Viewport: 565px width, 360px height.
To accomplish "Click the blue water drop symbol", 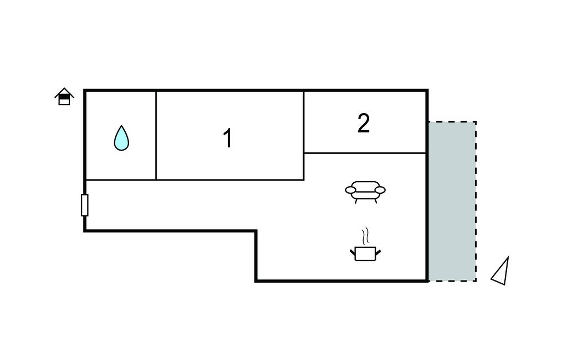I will (x=121, y=138).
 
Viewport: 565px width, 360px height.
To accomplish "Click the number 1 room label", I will (x=227, y=138).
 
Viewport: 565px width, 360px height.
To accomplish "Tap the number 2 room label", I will (x=363, y=124).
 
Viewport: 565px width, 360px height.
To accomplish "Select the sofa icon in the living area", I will (x=365, y=191).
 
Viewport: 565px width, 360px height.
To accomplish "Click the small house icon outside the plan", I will (x=65, y=97).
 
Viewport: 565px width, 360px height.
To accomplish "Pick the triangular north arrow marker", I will (x=501, y=272).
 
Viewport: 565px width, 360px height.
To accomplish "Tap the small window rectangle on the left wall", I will (x=84, y=205).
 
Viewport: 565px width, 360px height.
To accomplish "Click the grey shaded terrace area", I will (x=452, y=202).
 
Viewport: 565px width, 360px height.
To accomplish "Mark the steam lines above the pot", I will (x=364, y=236).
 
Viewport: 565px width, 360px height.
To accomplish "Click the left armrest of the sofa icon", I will (x=350, y=190).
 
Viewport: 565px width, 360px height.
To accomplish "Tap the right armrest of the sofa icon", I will (x=380, y=190).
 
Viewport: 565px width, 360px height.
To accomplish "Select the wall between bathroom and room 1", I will (x=156, y=135).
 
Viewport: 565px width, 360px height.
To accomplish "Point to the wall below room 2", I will (x=365, y=153).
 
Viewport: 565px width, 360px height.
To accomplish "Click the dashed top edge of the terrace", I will (x=452, y=122).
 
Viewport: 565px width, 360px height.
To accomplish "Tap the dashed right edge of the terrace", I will (x=476, y=202).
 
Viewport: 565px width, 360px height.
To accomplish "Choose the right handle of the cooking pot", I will (x=378, y=252).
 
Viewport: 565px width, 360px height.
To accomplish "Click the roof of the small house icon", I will (x=65, y=92).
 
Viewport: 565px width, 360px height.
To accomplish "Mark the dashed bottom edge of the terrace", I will (x=452, y=281).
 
